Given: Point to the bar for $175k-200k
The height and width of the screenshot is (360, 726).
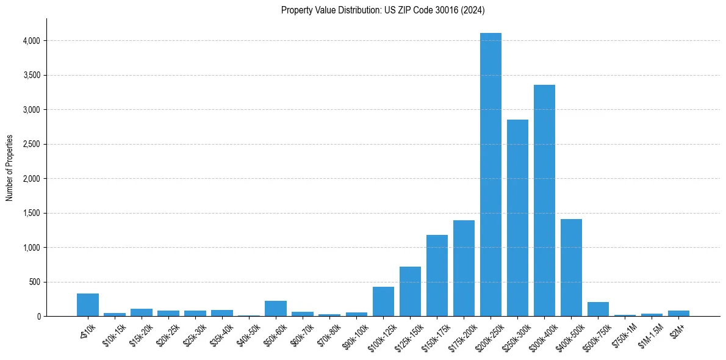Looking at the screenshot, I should click(x=464, y=268).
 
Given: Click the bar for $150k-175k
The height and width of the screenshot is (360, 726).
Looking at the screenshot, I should click(x=437, y=275).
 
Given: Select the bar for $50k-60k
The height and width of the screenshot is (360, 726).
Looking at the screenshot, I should click(x=276, y=308).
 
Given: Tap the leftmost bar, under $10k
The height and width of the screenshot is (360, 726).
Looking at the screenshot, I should click(x=88, y=304).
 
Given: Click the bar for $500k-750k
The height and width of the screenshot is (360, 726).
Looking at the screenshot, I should click(x=598, y=309).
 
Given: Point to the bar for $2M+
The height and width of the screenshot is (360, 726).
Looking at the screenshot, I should click(x=678, y=313).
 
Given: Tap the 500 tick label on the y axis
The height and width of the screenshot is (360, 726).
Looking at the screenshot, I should click(x=35, y=283).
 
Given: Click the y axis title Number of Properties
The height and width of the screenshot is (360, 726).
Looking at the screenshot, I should click(x=9, y=168).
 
